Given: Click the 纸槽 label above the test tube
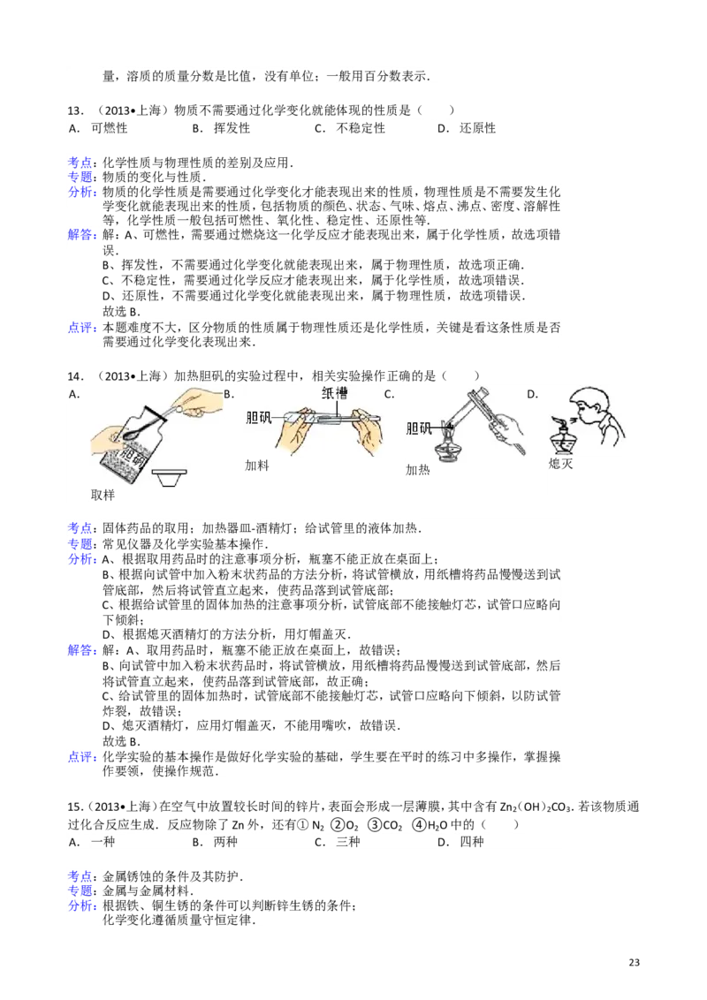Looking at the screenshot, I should pos(335,394).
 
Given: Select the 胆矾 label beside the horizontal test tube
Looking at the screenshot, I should pos(261,419).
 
